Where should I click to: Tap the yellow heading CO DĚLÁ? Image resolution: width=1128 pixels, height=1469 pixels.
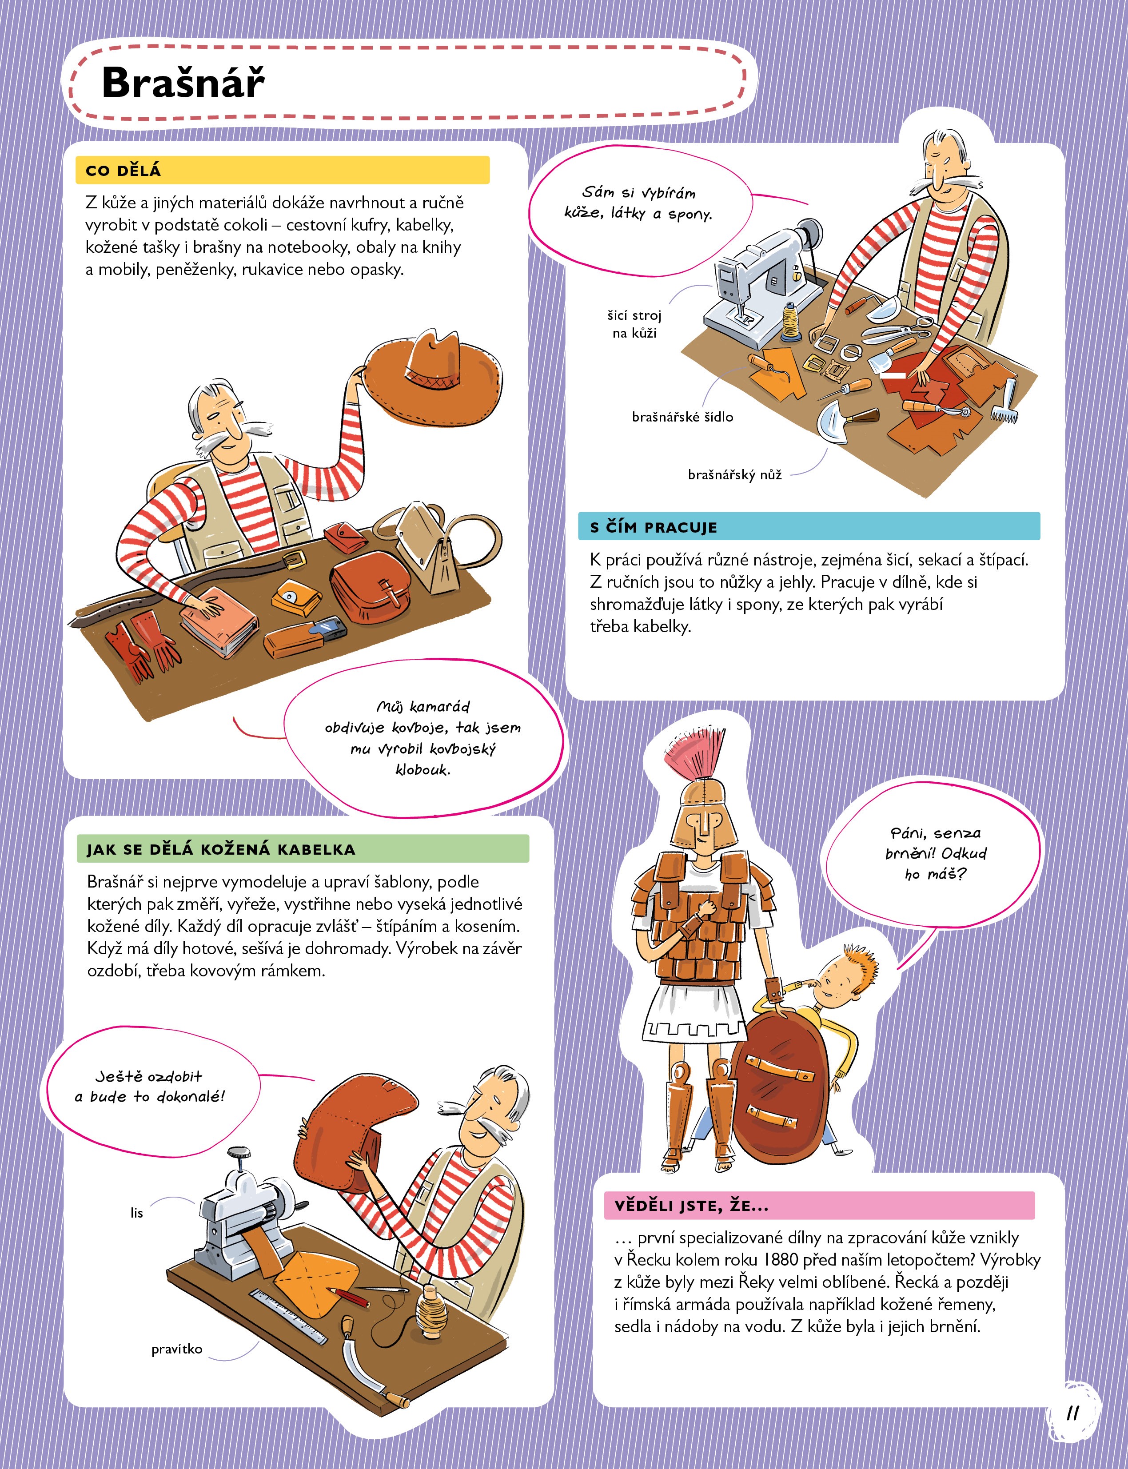click(x=124, y=171)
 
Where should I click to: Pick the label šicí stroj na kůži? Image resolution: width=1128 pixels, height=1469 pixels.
click(x=634, y=324)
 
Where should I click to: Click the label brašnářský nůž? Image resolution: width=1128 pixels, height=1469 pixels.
click(x=735, y=475)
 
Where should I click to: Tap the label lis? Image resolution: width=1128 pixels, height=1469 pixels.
click(x=137, y=1213)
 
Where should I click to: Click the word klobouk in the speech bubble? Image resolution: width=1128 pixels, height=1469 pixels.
click(x=423, y=770)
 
